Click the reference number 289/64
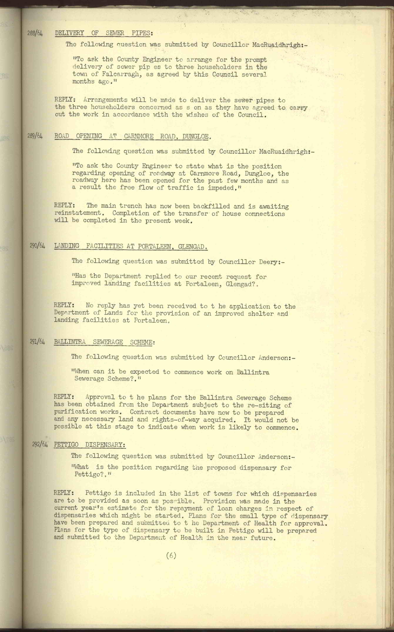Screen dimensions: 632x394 35,136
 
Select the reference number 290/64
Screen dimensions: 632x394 37,246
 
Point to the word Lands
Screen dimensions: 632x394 113,313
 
